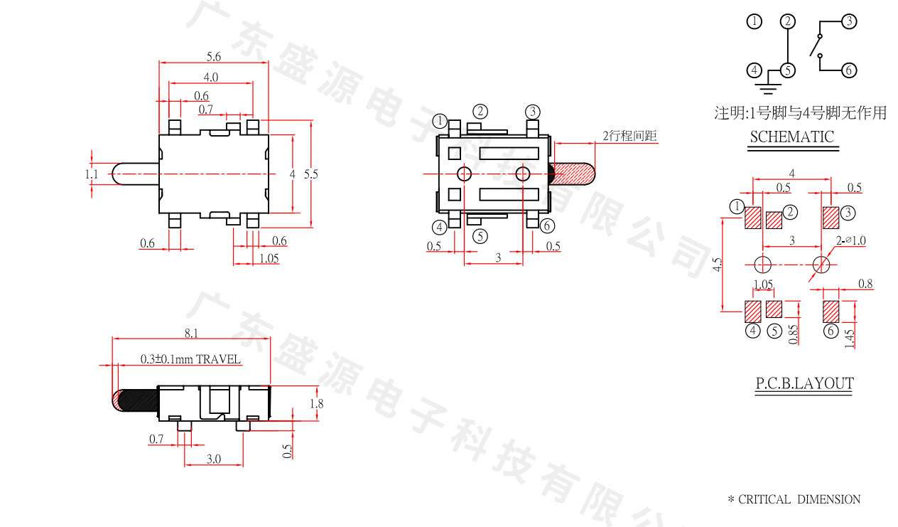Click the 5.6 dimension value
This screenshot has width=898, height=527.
[x=213, y=56]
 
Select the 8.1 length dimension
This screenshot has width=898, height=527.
[x=191, y=332]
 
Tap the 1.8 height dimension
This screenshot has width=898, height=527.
[x=317, y=403]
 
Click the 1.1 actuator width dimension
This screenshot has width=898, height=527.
[x=92, y=174]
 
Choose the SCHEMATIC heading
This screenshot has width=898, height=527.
[x=792, y=137]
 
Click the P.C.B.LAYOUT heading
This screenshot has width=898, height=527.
[x=804, y=384]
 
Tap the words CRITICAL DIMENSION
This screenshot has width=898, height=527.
[x=799, y=499]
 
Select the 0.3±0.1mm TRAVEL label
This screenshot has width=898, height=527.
[x=190, y=359]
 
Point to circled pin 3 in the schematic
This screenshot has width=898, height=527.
[x=849, y=21]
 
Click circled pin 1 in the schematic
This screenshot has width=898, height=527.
[x=754, y=21]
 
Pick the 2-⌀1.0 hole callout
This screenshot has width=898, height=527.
[x=851, y=240]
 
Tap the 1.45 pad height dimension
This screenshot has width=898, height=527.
[x=849, y=334]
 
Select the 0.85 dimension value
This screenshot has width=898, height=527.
[x=794, y=334]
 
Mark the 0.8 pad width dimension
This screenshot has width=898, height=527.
[x=865, y=284]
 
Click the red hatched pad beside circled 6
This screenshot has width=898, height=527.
[x=830, y=311]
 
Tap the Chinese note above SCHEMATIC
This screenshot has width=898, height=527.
[x=800, y=112]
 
